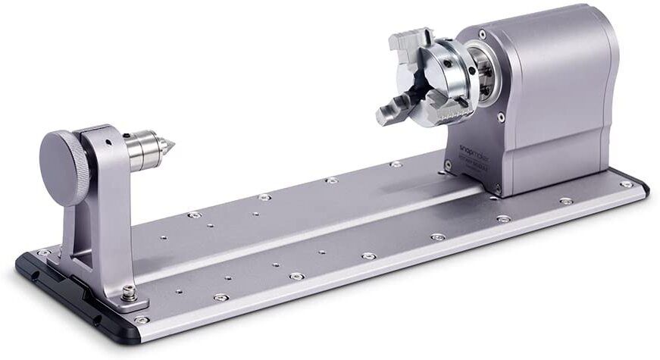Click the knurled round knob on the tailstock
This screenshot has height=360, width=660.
[x=65, y=167]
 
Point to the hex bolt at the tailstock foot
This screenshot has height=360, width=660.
[x=130, y=292]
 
